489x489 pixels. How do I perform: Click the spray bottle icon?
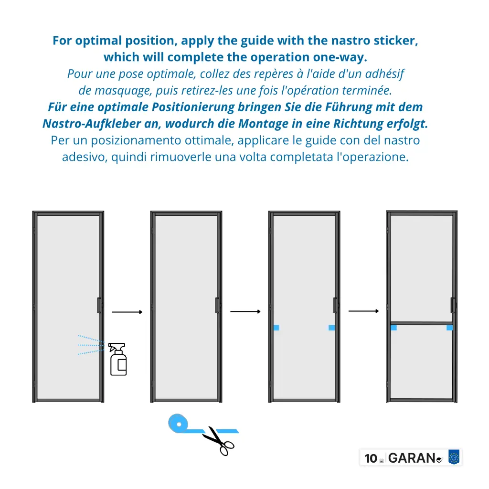click(117, 359)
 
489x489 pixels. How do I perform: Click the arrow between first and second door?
click(127, 312)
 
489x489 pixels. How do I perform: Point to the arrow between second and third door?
click(245, 311)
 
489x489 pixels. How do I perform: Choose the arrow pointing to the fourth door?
click(363, 311)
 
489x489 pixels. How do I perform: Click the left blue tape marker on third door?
click(276, 328)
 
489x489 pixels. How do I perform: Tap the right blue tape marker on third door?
click(332, 328)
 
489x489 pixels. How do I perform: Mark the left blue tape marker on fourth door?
click(394, 328)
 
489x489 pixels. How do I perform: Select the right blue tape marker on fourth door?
click(450, 328)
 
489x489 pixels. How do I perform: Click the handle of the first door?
click(99, 305)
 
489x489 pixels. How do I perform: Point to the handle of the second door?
click(218, 305)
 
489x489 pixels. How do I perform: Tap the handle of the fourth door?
click(453, 305)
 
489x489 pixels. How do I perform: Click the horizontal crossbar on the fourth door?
click(422, 323)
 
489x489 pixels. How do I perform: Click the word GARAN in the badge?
click(412, 458)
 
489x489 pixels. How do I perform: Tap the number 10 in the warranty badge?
click(371, 458)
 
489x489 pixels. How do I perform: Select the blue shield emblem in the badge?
click(454, 457)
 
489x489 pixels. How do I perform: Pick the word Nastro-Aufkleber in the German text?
click(92, 124)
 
